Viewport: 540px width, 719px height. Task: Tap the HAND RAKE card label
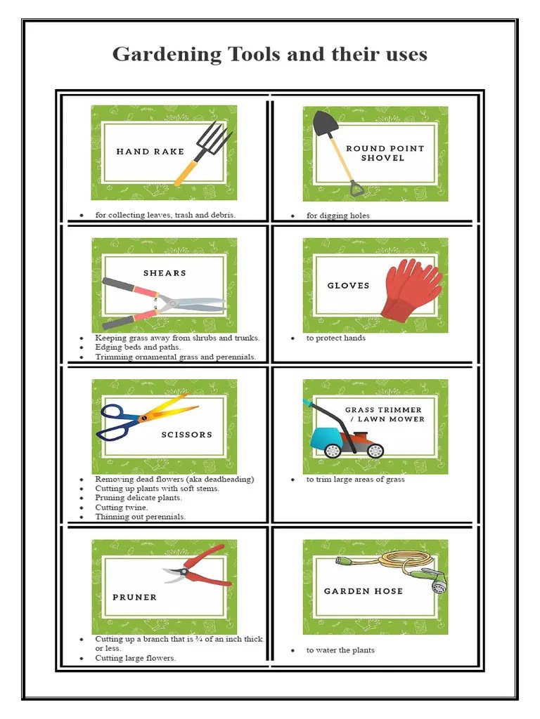tap(150, 152)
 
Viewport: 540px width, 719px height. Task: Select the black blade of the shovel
tap(326, 124)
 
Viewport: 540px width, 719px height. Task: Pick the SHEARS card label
tap(165, 273)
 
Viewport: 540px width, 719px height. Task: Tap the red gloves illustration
tap(411, 289)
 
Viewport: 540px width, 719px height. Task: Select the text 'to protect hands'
tap(335, 338)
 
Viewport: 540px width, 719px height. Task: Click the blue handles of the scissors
tap(116, 421)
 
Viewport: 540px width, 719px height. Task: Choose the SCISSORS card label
tap(186, 435)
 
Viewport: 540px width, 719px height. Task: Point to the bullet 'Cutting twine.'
tap(122, 507)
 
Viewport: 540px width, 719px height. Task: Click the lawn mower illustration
tap(345, 435)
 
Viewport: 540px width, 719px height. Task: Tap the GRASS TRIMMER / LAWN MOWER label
tap(384, 414)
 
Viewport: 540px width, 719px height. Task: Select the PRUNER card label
tap(134, 598)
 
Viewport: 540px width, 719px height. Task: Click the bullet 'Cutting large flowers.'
tap(136, 658)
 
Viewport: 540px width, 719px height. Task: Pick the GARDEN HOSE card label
tap(363, 591)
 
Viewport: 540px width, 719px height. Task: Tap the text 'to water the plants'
tap(340, 650)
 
